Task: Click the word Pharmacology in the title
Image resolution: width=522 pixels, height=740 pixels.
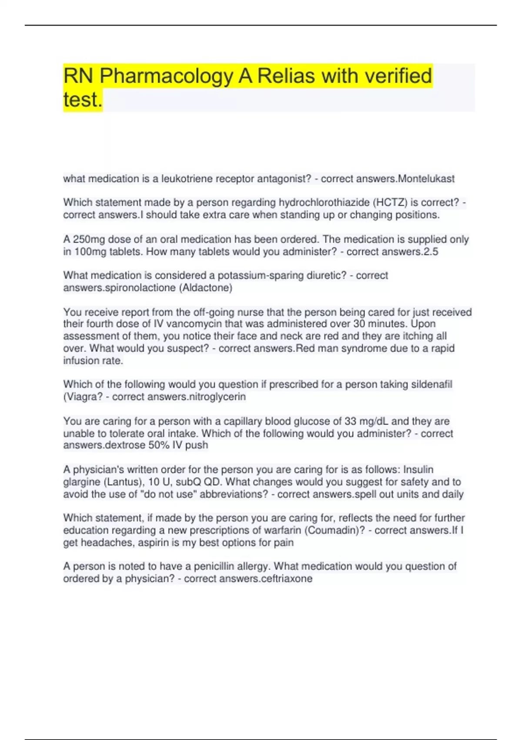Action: click(166, 76)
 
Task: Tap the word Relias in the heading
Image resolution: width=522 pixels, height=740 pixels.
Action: click(286, 76)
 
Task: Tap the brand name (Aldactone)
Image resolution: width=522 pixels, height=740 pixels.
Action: click(205, 288)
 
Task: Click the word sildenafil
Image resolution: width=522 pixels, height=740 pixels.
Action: click(428, 384)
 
